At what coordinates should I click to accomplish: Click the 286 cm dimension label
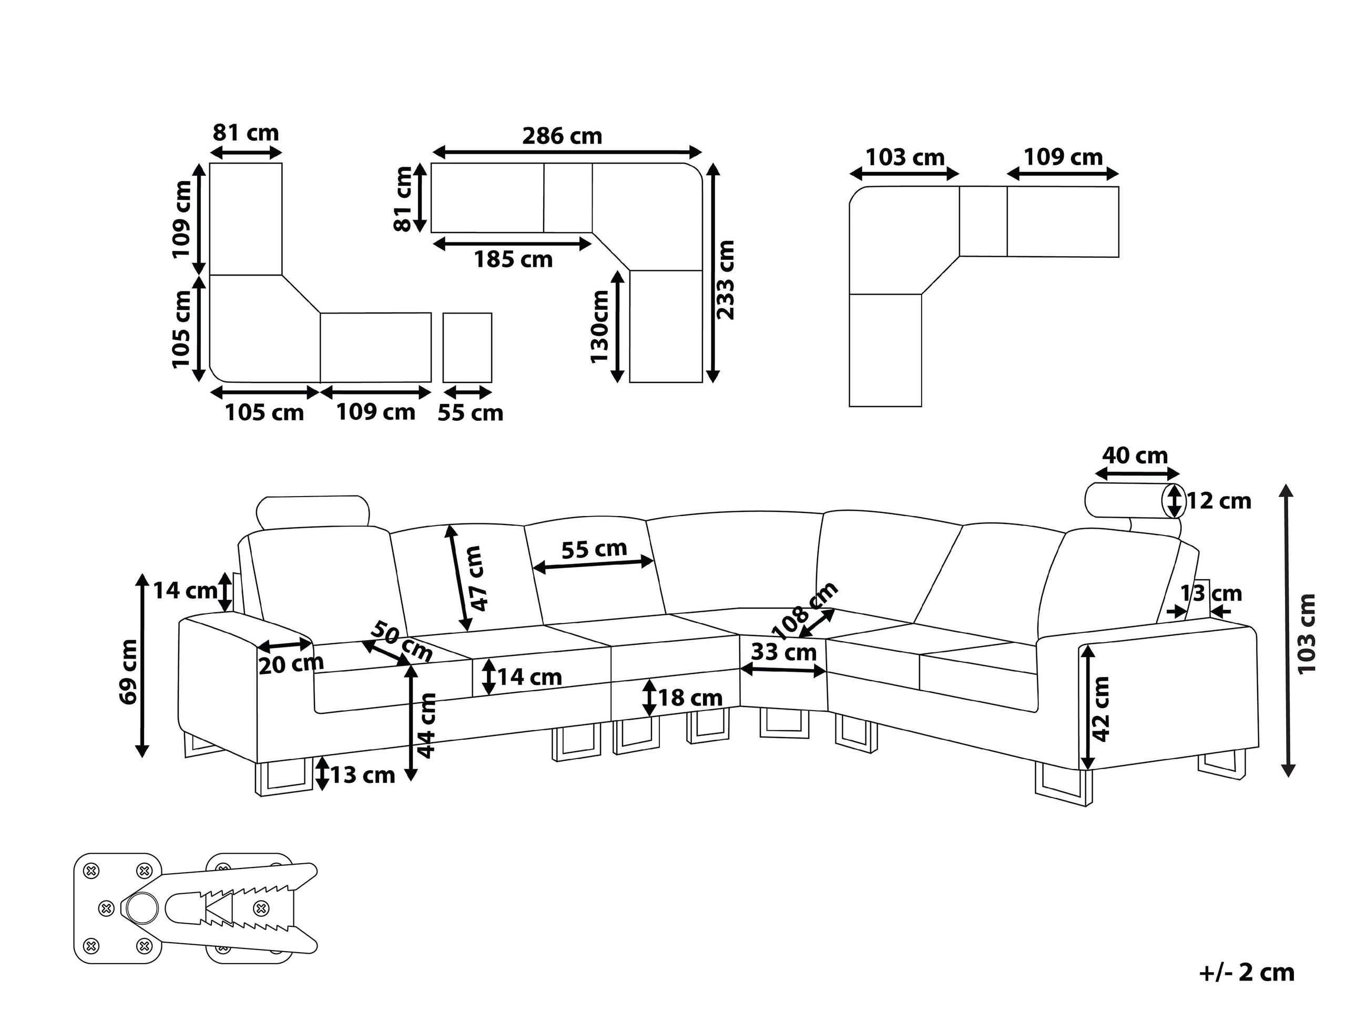(x=562, y=136)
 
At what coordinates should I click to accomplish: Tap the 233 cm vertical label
(x=727, y=279)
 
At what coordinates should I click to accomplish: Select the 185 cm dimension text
(x=513, y=260)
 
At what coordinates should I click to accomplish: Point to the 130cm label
(x=600, y=326)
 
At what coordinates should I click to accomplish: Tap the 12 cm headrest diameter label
(x=1219, y=501)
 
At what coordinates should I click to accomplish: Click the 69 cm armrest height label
(x=128, y=672)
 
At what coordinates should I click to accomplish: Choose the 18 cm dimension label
(x=690, y=698)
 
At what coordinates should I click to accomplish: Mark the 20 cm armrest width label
(x=291, y=665)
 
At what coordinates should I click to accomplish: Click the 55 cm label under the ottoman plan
(x=471, y=413)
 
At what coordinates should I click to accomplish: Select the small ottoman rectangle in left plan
(x=467, y=348)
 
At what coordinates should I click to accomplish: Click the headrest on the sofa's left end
(x=313, y=511)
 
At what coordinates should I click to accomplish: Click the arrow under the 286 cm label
(x=566, y=152)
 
